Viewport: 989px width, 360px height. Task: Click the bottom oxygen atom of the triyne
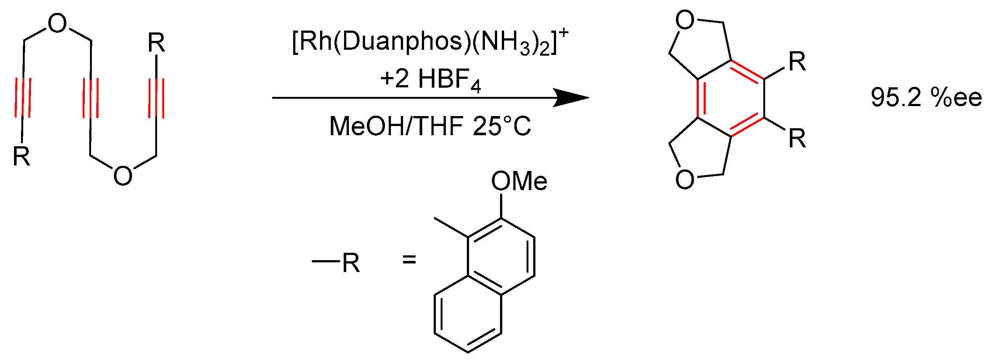[123, 176]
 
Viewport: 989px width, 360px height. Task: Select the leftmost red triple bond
[23, 98]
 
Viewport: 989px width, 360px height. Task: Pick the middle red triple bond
[91, 98]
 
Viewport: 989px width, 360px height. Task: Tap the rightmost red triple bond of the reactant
[156, 98]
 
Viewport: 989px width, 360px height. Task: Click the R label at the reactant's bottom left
[21, 156]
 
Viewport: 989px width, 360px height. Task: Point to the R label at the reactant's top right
[156, 43]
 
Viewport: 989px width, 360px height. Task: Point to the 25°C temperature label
[502, 126]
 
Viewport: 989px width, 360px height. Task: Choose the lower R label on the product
[797, 139]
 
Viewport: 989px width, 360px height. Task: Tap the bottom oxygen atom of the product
[684, 179]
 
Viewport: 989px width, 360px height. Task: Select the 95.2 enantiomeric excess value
[896, 98]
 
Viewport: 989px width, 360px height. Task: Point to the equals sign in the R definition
[409, 260]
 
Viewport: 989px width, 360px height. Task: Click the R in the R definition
[351, 263]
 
